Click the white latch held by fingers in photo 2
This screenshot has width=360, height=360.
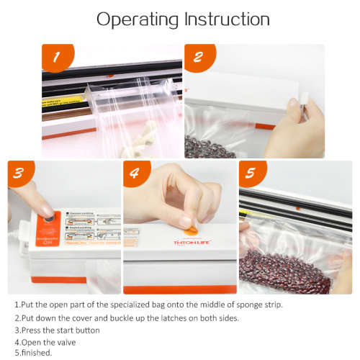[302, 109]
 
